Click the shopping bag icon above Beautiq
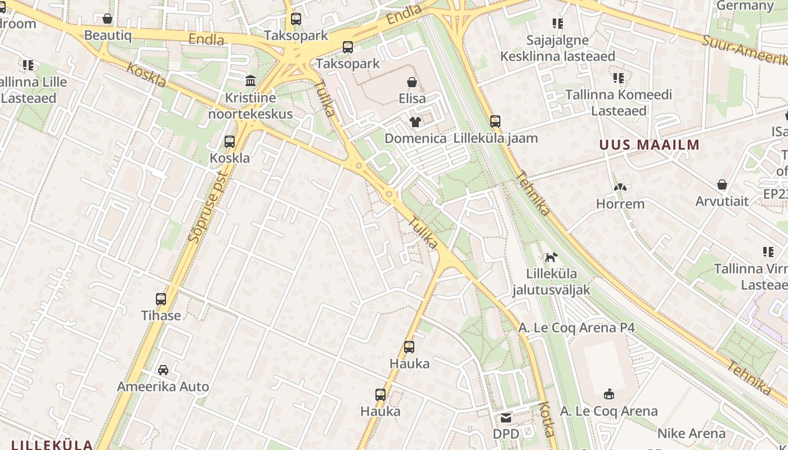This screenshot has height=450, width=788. [x=108, y=19]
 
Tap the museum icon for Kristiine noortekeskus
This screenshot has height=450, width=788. [x=250, y=80]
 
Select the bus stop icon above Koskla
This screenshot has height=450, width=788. [x=230, y=141]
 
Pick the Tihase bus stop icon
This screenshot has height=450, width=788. [x=161, y=299]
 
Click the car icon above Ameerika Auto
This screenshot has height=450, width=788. [x=163, y=370]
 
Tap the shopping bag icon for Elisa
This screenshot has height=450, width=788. [x=412, y=82]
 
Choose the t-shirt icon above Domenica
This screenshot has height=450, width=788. [x=415, y=121]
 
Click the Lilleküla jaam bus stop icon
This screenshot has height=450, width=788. [x=495, y=121]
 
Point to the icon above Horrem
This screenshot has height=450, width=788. [x=620, y=187]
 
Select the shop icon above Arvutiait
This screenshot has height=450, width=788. [x=722, y=184]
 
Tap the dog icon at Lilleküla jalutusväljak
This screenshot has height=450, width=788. [x=551, y=257]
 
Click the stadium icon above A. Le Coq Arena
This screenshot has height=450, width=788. [x=608, y=394]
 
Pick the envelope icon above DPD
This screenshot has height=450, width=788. [x=506, y=417]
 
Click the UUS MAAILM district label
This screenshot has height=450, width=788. [x=649, y=145]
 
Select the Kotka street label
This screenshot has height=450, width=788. [x=547, y=419]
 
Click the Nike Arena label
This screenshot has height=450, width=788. [x=691, y=434]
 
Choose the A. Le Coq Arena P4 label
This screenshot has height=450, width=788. [x=576, y=327]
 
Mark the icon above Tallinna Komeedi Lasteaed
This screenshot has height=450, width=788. [x=619, y=78]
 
